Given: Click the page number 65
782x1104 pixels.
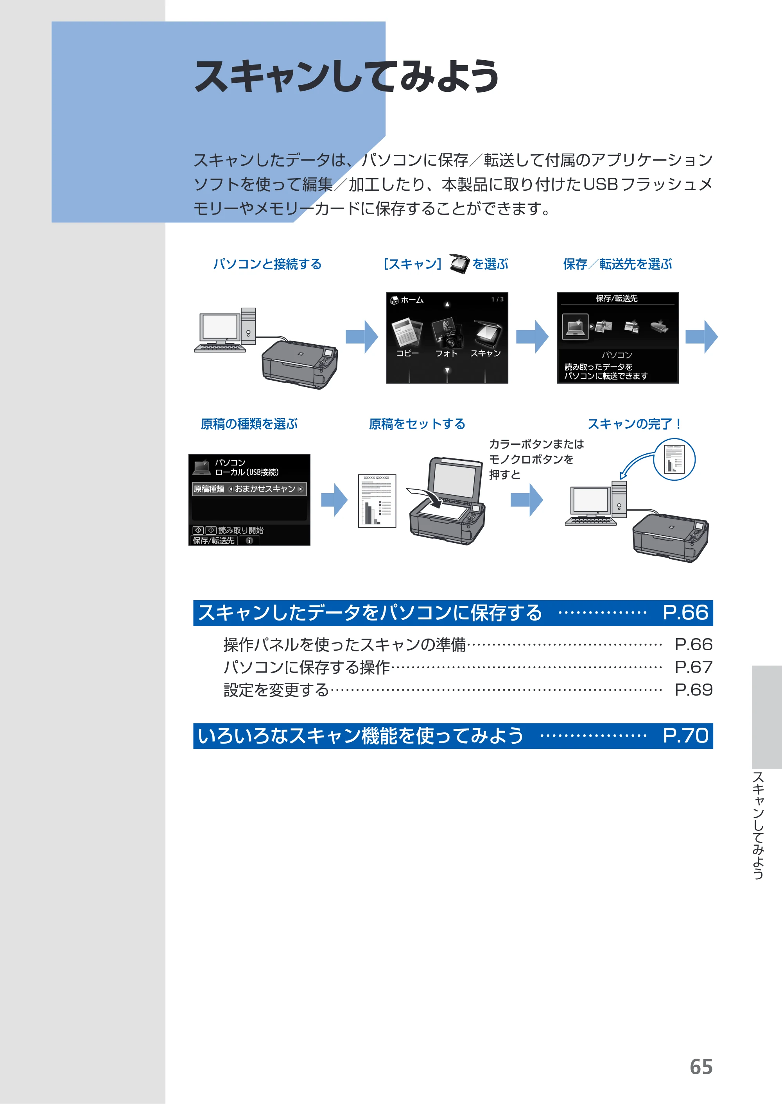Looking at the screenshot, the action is click(x=701, y=1067).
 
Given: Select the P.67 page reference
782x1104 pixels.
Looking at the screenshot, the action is click(x=693, y=667).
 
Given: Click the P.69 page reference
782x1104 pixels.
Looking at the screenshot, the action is click(x=693, y=690).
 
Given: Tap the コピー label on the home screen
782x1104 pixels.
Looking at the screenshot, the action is click(x=407, y=353).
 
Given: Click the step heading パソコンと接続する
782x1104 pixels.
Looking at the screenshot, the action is click(x=267, y=264).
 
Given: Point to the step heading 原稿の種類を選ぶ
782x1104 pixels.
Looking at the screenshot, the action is click(x=249, y=424).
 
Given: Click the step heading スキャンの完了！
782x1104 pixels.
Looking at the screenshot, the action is click(x=634, y=424).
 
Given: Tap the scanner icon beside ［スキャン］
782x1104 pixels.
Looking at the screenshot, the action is click(x=459, y=264).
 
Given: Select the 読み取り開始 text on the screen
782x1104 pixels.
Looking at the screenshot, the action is click(x=241, y=530).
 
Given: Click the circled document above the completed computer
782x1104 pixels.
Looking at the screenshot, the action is click(x=674, y=459).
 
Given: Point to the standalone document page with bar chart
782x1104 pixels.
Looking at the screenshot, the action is click(x=377, y=501).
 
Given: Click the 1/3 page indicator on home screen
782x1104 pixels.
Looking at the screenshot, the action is click(x=497, y=299).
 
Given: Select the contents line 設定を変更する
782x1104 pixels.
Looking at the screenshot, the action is click(x=276, y=690).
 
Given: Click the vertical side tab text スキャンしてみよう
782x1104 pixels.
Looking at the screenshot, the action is click(x=759, y=826).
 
